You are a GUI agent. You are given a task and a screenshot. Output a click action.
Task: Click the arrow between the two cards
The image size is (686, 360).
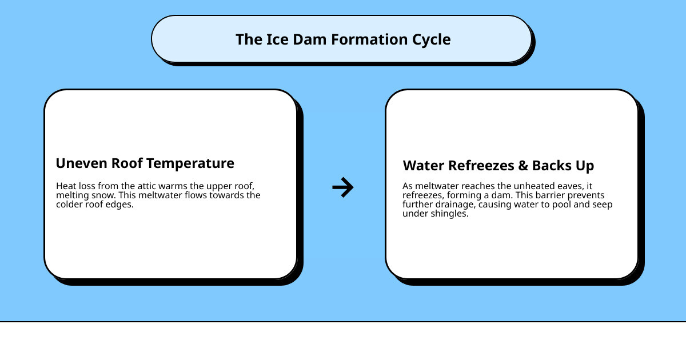[343, 187]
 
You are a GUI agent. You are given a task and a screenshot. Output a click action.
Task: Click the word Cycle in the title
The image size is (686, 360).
[432, 39]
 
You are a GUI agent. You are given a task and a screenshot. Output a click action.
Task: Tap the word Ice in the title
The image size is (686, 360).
[276, 39]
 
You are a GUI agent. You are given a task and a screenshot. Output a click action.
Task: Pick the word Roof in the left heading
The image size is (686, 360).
[127, 163]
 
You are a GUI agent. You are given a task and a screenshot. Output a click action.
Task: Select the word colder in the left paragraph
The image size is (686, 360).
[70, 205]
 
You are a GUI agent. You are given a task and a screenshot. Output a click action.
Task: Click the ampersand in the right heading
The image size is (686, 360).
[523, 166]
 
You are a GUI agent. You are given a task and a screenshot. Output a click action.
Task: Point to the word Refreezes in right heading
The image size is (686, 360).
[481, 166]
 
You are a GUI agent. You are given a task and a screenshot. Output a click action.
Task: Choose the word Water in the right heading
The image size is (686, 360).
[423, 166]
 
